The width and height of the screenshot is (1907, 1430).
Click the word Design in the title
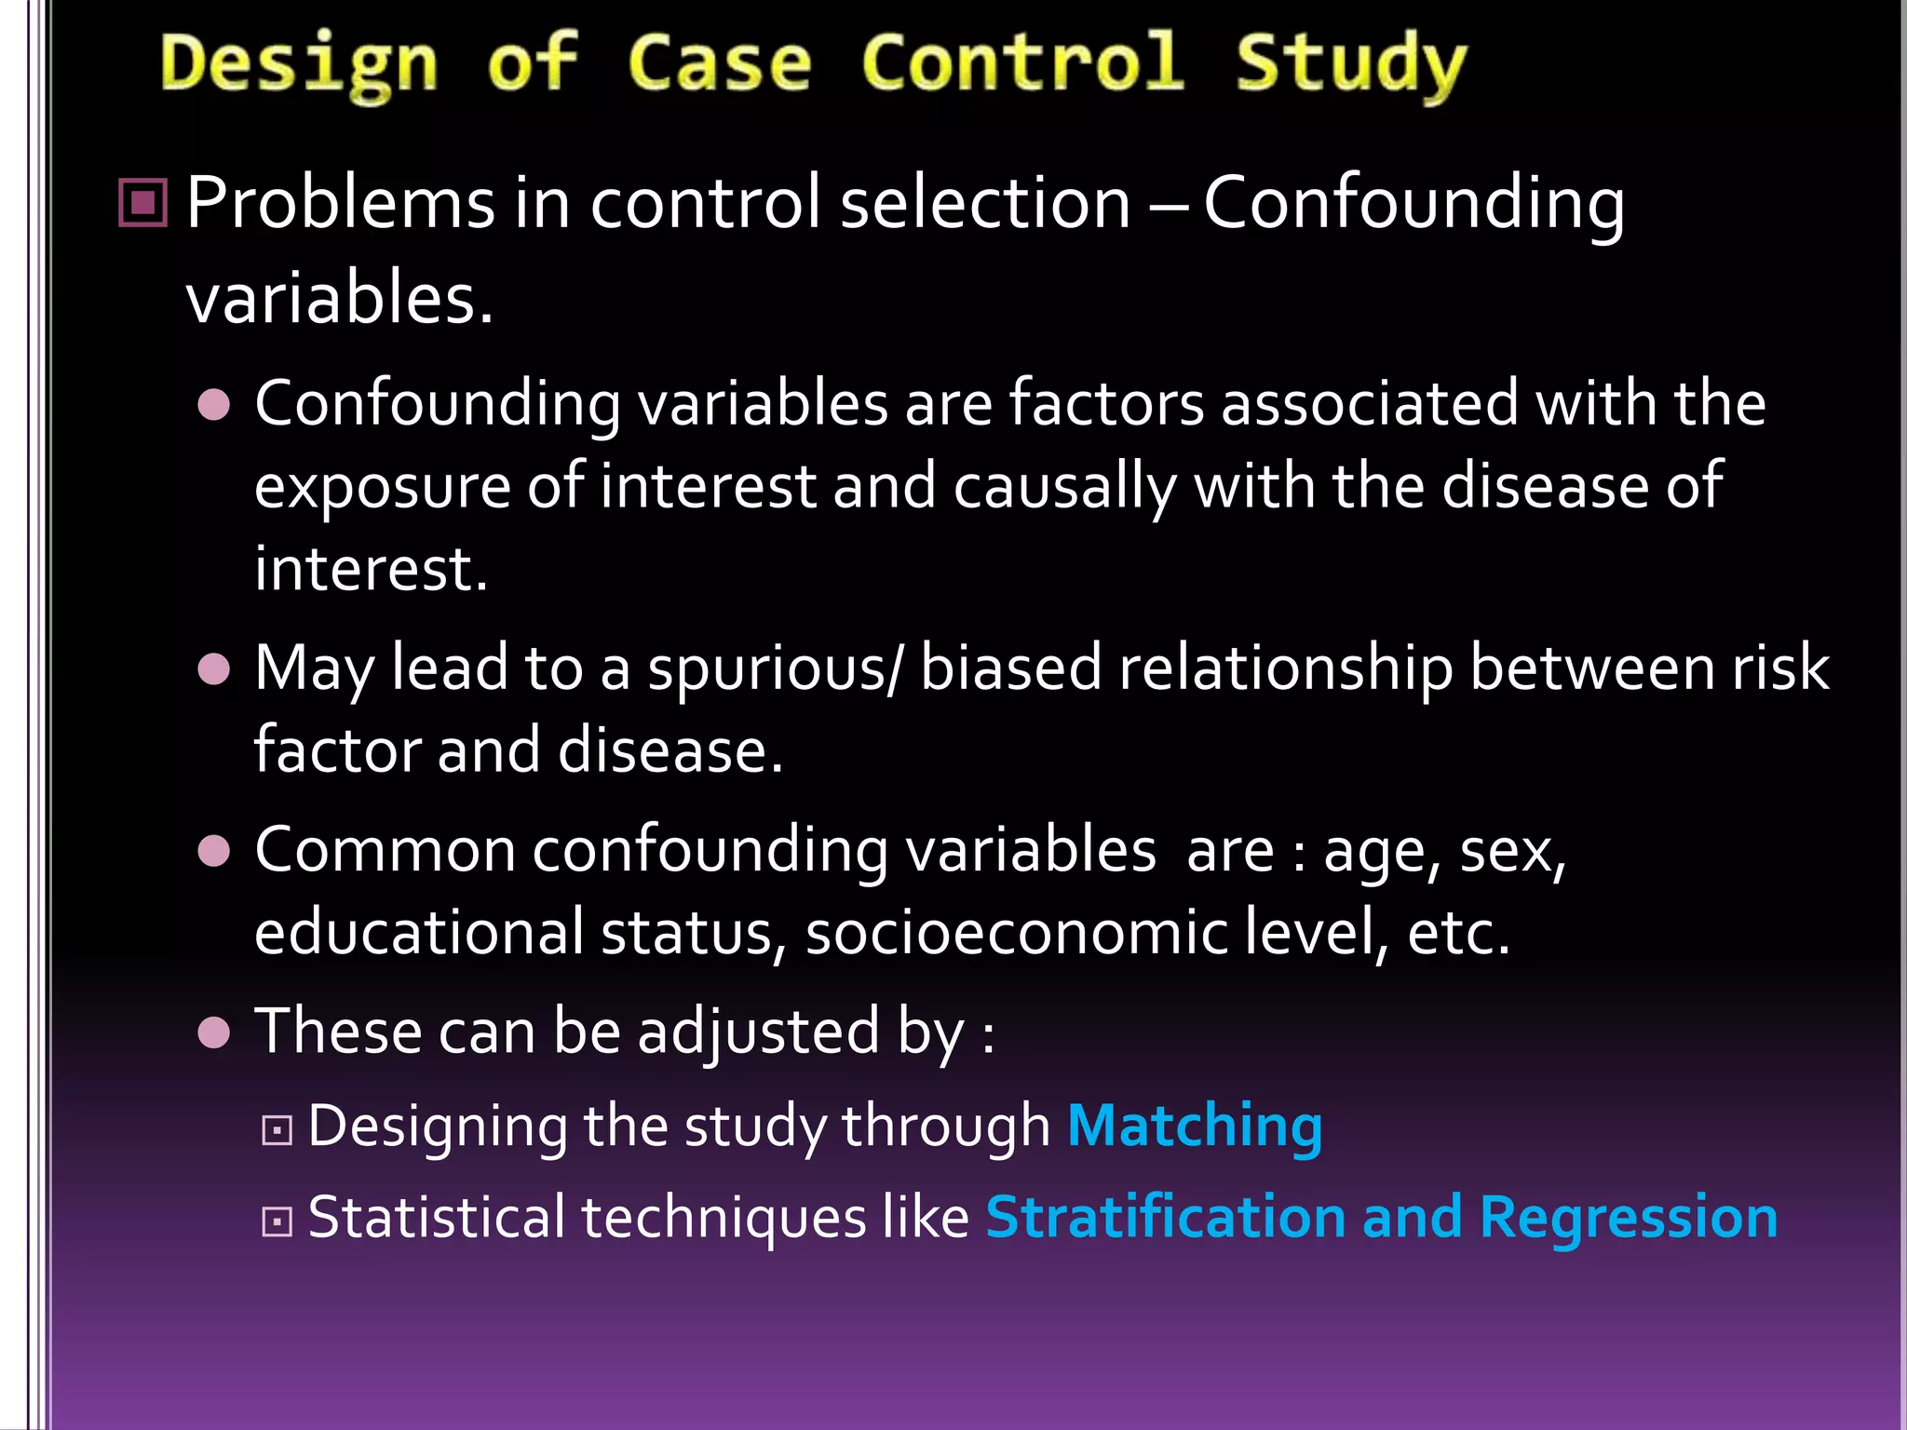tap(299, 65)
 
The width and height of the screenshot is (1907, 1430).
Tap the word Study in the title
tap(1350, 65)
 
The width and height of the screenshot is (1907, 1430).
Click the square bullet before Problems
tap(143, 203)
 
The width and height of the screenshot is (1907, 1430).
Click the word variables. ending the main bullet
tap(340, 299)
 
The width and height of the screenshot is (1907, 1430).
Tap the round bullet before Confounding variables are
tap(214, 405)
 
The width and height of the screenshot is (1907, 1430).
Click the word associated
tap(1370, 405)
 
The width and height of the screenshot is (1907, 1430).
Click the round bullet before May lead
tap(214, 668)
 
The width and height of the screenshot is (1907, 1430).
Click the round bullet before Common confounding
tap(214, 851)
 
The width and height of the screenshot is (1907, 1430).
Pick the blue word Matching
tap(1195, 1127)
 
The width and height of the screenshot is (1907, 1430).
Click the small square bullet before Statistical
tap(277, 1221)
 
